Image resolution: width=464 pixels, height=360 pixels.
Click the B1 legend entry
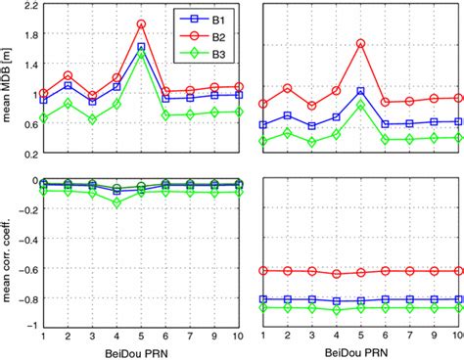pos(203,20)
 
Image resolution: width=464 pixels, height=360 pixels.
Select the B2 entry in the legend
pos(203,37)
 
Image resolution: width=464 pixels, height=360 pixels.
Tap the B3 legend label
pos(203,54)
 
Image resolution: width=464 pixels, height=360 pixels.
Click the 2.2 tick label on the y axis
pos(30,5)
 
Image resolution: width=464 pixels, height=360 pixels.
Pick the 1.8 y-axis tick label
pos(30,34)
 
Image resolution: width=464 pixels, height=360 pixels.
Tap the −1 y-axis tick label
pos(31,326)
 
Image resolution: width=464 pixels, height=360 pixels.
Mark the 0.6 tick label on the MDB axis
pos(30,124)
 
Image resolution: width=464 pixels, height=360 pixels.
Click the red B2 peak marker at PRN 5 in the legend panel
pos(141,23)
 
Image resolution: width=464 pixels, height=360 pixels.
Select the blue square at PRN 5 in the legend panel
pos(141,47)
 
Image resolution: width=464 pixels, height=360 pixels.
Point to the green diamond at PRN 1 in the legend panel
pos(43,117)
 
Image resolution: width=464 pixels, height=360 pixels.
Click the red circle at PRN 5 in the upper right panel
pos(360,43)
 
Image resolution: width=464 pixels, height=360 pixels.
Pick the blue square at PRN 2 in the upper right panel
pos(288,115)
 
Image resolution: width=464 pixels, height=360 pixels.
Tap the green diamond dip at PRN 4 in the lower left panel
pos(116,203)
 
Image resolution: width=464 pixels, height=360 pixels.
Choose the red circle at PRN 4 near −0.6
pos(337,274)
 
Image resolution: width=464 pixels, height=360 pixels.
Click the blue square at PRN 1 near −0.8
pos(263,299)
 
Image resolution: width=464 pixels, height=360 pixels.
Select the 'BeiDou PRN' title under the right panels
pos(356,353)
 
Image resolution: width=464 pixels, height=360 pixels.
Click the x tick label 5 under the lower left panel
pos(141,337)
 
